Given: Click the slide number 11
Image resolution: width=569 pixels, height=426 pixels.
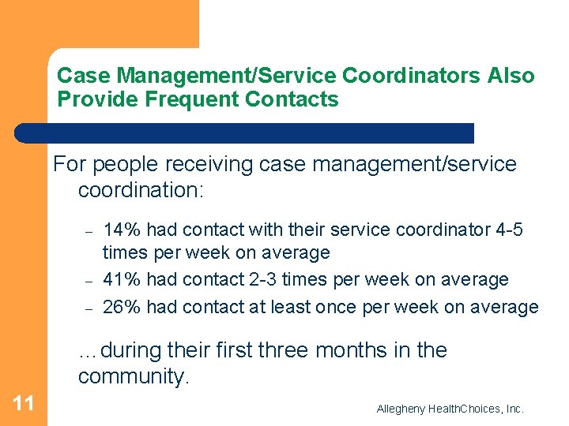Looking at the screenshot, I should [x=24, y=404].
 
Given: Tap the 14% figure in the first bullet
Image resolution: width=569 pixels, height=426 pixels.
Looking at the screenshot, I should [x=122, y=230].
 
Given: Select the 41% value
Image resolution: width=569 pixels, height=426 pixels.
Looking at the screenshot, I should [x=122, y=280].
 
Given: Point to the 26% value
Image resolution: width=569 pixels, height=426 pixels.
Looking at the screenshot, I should [x=122, y=307].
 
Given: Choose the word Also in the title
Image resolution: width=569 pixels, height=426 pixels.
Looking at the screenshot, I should [x=511, y=76].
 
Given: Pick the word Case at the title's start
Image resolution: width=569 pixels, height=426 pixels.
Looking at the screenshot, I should [x=77, y=76].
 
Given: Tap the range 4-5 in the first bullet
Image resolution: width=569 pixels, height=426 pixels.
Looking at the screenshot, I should [x=509, y=230].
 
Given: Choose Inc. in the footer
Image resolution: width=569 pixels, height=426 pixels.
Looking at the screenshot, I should [x=514, y=409].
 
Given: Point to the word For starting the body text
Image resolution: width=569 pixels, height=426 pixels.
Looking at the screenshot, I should [x=69, y=164].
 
